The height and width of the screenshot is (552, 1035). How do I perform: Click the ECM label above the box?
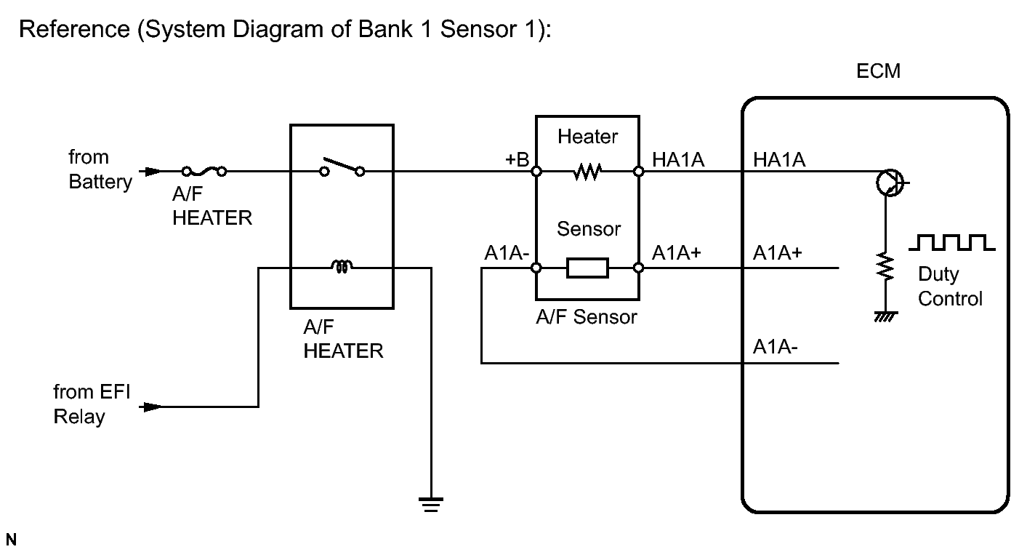879,71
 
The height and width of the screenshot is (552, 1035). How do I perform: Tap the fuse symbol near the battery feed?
204,172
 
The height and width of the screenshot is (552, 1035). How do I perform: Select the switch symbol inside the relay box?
342,167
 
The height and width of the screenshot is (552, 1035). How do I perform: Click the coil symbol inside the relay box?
342,268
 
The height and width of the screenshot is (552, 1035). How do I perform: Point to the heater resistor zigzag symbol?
587,172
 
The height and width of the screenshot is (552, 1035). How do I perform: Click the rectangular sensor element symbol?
587,268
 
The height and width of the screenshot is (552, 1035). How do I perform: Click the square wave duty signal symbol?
951,243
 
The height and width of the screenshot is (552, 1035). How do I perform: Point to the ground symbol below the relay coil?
431,503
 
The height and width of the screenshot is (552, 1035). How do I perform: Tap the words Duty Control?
950,287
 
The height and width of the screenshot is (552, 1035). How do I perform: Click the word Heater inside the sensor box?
587,136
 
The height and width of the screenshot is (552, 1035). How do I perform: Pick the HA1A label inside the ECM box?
779,160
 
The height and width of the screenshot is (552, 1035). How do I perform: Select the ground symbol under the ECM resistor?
886,316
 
